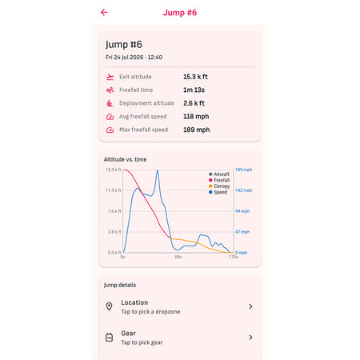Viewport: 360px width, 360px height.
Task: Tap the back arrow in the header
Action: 104,12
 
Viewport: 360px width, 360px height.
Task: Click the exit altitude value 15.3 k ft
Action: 195,77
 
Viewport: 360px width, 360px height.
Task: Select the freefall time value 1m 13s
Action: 194,90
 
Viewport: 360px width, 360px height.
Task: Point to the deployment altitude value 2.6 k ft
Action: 194,103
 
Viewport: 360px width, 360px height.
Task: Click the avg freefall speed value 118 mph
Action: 196,117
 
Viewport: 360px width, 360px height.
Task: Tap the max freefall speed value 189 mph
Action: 197,130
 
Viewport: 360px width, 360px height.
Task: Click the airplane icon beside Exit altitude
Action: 110,77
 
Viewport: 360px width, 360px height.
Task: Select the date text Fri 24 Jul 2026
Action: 125,58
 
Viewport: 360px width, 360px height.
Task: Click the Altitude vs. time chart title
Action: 125,159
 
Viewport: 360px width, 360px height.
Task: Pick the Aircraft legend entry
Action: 219,174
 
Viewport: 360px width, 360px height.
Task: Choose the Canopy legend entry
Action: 219,186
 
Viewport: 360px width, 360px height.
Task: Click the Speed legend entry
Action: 218,192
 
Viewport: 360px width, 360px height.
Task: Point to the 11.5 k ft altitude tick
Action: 114,190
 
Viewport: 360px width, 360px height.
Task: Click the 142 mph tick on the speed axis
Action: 243,190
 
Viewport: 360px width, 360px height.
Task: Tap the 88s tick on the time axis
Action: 178,257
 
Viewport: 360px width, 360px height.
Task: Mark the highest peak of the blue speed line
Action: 158,170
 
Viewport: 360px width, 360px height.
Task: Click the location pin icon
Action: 109,306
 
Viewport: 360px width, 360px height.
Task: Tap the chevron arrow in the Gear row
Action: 250,338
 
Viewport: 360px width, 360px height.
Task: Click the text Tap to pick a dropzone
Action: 150,312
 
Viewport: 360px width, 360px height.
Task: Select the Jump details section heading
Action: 120,285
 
